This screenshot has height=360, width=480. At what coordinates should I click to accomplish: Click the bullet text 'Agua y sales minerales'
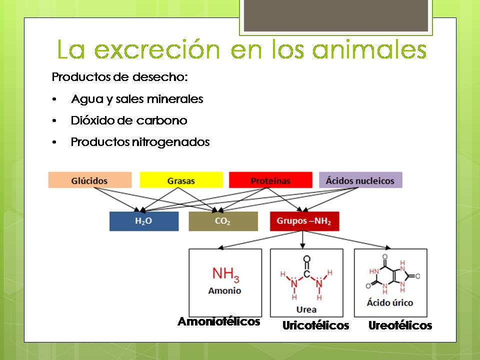pyautogui.click(x=137, y=99)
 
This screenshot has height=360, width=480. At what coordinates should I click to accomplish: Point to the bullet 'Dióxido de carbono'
pyautogui.click(x=129, y=120)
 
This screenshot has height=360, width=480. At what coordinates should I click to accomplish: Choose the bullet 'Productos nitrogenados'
pyautogui.click(x=140, y=142)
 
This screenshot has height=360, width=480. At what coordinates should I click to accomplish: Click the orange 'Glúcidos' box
pyautogui.click(x=89, y=180)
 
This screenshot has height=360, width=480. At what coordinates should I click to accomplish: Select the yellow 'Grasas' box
pyautogui.click(x=181, y=180)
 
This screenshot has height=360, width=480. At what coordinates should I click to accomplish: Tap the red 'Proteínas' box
pyautogui.click(x=270, y=180)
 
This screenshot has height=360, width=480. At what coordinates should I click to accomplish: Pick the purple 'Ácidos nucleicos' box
pyautogui.click(x=360, y=180)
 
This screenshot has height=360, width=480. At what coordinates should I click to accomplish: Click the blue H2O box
pyautogui.click(x=143, y=221)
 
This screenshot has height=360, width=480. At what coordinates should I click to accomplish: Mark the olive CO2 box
pyautogui.click(x=223, y=221)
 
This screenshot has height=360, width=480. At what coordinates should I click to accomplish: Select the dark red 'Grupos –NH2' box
pyautogui.click(x=304, y=221)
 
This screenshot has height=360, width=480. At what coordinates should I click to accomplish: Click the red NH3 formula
pyautogui.click(x=225, y=274)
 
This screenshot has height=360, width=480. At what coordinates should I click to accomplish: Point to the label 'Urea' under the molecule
pyautogui.click(x=306, y=309)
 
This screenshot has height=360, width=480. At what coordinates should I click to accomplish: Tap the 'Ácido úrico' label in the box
pyautogui.click(x=390, y=303)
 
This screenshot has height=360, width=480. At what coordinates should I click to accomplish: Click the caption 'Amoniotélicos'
pyautogui.click(x=219, y=321)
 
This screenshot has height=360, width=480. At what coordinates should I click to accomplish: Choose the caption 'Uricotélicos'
pyautogui.click(x=315, y=326)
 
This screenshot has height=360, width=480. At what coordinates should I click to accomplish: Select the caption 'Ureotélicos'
pyautogui.click(x=400, y=326)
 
